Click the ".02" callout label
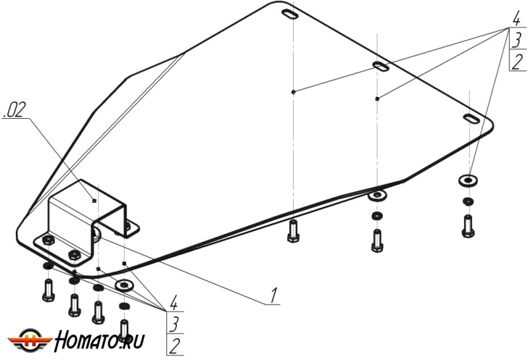coord(14,110)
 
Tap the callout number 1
coord(274,295)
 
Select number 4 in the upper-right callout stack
coord(516,19)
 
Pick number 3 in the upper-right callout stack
coord(517,40)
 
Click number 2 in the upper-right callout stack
coord(517,61)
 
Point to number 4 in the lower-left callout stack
coord(173,302)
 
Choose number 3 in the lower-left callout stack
coord(174,324)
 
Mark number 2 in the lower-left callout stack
coord(174,346)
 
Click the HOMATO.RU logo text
coord(100,341)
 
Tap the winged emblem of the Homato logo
coord(30,340)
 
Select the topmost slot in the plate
coord(290,15)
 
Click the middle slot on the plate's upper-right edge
coord(381,67)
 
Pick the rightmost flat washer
coord(468,181)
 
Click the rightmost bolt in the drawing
coord(468,226)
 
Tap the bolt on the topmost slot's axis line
coord(293,231)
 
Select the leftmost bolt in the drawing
coord(48,291)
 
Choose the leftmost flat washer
coord(124,285)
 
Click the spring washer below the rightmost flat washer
coord(468,201)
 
